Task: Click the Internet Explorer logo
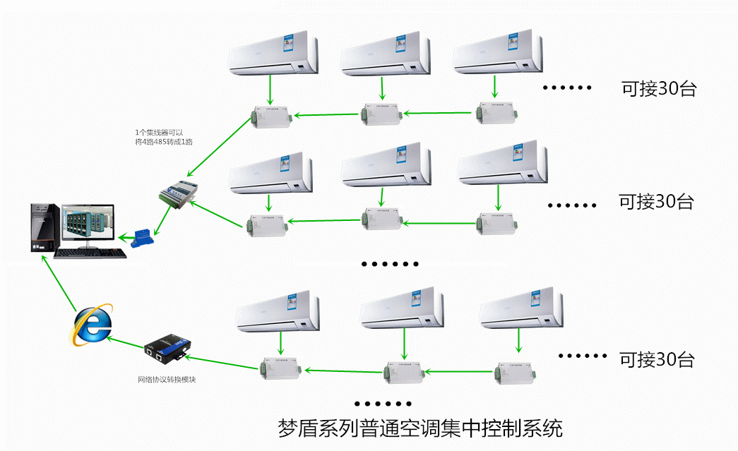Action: [93, 324]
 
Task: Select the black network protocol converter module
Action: [167, 349]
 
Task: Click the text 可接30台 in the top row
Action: [658, 89]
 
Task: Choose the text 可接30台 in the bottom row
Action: [657, 359]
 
